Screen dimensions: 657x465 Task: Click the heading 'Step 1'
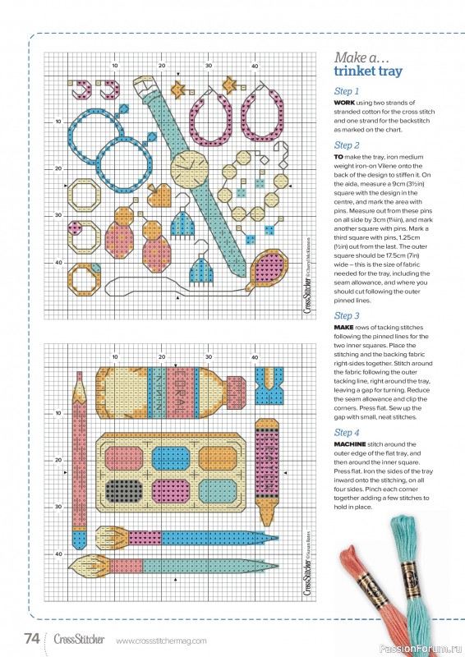pyautogui.click(x=347, y=91)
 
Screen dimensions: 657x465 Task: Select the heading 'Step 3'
pyautogui.click(x=347, y=315)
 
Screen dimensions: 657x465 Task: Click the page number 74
pyautogui.click(x=33, y=637)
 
